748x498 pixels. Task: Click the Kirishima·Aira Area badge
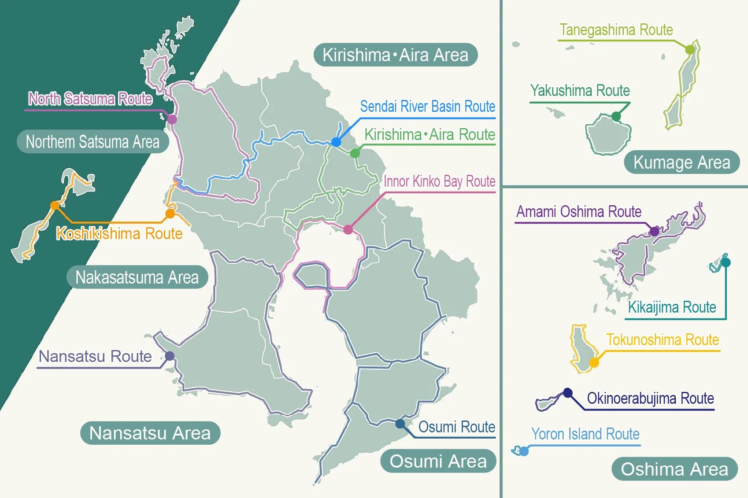click(395, 55)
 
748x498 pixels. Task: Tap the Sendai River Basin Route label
click(427, 107)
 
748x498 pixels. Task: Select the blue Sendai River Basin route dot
click(336, 142)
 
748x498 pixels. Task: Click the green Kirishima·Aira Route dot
click(355, 153)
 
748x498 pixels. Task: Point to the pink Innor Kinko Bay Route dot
click(348, 229)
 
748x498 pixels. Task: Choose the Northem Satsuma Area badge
click(93, 142)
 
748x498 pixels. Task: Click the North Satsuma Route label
click(90, 99)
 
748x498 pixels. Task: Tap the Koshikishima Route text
click(119, 233)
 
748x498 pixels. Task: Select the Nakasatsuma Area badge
click(137, 277)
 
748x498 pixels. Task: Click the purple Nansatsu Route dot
click(170, 356)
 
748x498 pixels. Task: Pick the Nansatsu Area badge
click(150, 433)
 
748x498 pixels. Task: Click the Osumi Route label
click(456, 427)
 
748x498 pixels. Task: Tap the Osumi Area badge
click(438, 461)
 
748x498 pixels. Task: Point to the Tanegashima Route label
click(616, 30)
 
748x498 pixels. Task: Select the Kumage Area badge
click(681, 162)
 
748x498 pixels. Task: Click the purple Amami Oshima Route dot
click(654, 231)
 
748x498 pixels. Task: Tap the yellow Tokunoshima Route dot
click(594, 363)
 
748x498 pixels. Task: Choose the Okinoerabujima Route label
click(650, 398)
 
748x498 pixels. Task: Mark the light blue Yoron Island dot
click(524, 451)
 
